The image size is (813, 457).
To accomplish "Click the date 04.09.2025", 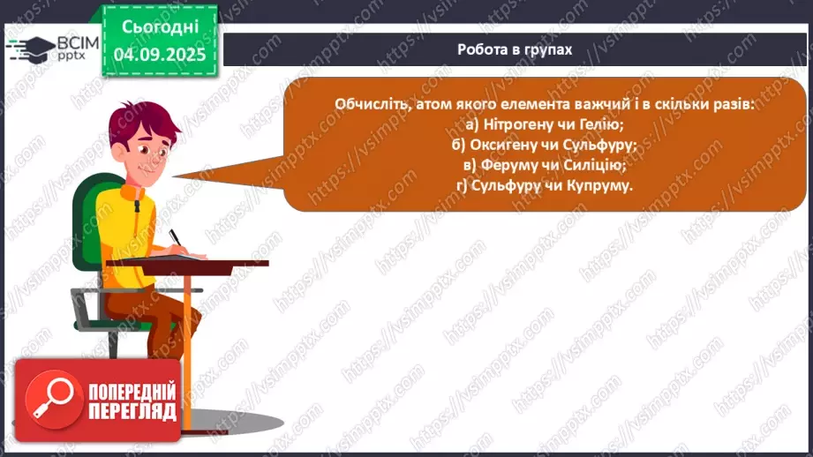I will click(x=159, y=55).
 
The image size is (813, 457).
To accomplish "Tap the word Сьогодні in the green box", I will click(x=159, y=26).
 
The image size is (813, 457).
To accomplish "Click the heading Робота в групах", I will click(x=515, y=49).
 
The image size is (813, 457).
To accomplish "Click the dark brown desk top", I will click(x=212, y=262).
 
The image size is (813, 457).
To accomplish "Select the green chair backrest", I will click(x=88, y=221).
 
